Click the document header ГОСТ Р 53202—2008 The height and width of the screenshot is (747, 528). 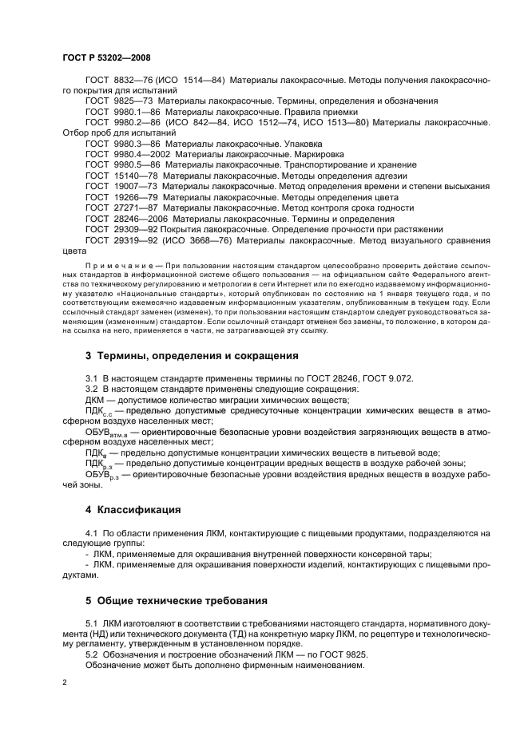coord(106,58)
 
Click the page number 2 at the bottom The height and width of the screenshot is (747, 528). coord(65,684)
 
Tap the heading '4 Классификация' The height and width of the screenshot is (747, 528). coord(133,509)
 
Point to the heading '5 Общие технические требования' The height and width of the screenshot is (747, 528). coord(185,600)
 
